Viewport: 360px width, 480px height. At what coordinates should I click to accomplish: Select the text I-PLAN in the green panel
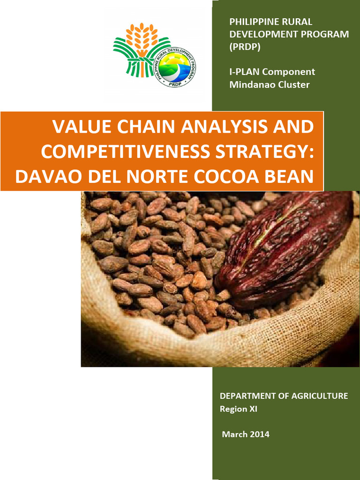(244, 72)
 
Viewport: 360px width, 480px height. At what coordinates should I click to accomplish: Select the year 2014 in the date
(259, 434)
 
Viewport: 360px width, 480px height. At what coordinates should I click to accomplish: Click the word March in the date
(234, 434)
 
